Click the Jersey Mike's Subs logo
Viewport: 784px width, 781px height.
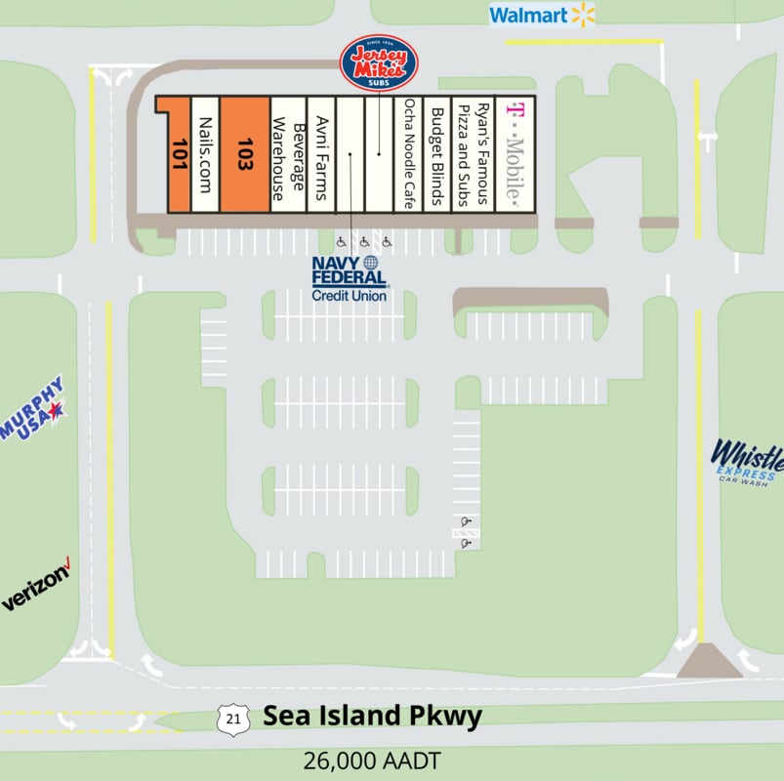[x=379, y=62]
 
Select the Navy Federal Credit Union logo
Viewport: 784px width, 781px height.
[x=349, y=278]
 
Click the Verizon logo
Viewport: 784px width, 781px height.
[x=36, y=586]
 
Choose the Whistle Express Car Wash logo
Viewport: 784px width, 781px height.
[x=747, y=461]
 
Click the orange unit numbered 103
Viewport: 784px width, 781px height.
[x=244, y=153]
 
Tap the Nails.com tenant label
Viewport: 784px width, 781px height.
[x=204, y=154]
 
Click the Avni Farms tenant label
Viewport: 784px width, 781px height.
[x=321, y=154]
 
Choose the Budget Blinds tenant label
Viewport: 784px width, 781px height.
[x=437, y=153]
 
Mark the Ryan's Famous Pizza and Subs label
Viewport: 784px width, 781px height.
[x=474, y=153]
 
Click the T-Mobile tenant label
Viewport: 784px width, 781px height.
[x=513, y=153]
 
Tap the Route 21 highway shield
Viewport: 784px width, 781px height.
[x=231, y=719]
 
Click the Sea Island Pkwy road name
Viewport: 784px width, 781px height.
[x=372, y=717]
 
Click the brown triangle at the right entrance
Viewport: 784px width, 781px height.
[x=710, y=661]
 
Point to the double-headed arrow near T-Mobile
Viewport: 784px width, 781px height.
[x=707, y=138]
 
